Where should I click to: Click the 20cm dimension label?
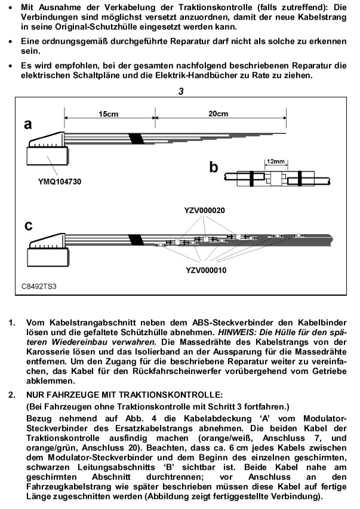click(219, 113)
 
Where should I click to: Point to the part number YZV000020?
click(204, 210)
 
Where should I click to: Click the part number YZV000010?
click(205, 270)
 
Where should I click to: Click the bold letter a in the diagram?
click(28, 124)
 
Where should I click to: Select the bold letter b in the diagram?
click(213, 167)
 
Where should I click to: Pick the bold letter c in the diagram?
click(27, 226)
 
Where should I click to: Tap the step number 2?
click(12, 395)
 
